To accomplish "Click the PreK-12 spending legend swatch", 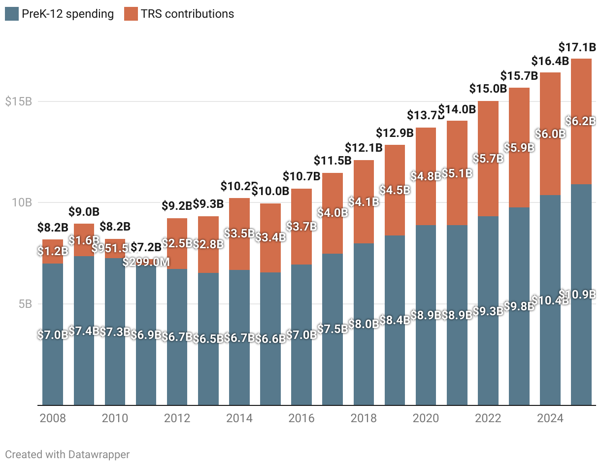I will point(11,14).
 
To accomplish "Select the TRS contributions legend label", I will point(187,14).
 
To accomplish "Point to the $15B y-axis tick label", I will point(18,102).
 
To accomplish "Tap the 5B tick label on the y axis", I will point(22,304).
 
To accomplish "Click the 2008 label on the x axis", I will point(52,419).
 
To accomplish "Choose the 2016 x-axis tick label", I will point(301,419).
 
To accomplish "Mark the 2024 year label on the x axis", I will point(550,419).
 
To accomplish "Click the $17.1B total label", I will point(577,48).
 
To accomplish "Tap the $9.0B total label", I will point(83,212).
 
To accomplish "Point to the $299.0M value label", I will point(146,262).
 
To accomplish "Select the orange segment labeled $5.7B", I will point(488,159).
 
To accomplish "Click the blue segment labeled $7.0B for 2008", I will point(52,335).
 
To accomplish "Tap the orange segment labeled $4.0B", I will point(333,213).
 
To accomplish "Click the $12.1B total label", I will point(364,147).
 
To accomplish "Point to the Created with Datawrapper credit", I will point(67,454).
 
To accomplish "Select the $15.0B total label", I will point(488,89).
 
